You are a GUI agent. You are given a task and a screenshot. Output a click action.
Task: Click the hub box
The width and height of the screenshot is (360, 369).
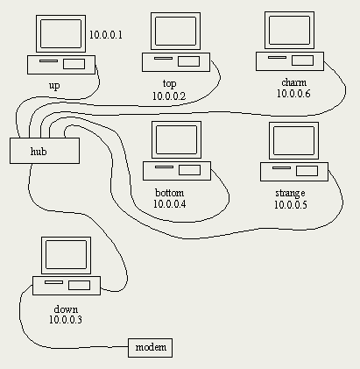(45, 151)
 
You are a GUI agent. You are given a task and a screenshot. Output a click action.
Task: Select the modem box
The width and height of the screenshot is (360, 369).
(151, 348)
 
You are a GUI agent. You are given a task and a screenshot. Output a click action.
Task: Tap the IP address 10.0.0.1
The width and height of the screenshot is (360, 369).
(106, 35)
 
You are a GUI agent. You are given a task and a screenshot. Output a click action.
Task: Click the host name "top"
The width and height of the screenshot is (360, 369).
(169, 84)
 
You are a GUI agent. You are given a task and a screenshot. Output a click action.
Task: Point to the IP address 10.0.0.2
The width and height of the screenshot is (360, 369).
(169, 96)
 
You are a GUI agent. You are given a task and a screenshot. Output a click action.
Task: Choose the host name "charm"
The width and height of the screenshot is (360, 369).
(294, 82)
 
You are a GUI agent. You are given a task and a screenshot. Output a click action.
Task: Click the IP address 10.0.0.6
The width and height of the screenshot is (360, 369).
(293, 94)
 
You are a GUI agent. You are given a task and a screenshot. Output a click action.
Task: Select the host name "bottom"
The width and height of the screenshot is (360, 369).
(170, 193)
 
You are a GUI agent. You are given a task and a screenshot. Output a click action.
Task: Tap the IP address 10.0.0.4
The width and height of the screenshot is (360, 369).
(170, 203)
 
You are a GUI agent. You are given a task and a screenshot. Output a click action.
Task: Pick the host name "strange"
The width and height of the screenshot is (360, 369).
(290, 193)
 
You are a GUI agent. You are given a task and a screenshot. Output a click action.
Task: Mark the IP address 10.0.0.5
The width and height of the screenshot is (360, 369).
(291, 204)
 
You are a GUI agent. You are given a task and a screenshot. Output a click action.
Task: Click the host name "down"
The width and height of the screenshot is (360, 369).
(66, 309)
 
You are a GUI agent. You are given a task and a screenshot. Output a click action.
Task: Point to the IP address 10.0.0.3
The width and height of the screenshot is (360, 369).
(66, 320)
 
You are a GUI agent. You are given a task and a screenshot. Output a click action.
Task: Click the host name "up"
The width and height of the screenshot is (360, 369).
(54, 86)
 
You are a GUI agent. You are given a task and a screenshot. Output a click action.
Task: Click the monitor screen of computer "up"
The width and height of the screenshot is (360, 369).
(60, 33)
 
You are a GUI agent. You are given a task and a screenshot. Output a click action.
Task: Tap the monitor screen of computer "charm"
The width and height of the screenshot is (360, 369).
(289, 30)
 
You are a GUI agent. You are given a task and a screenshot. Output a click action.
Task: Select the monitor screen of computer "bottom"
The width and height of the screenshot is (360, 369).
(176, 139)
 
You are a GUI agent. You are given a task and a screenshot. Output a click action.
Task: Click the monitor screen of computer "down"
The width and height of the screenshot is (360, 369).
(66, 255)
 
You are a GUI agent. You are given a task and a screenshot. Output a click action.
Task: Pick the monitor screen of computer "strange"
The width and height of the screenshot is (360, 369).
(293, 140)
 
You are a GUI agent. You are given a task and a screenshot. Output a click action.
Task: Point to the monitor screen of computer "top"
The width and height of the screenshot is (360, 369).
(175, 31)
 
